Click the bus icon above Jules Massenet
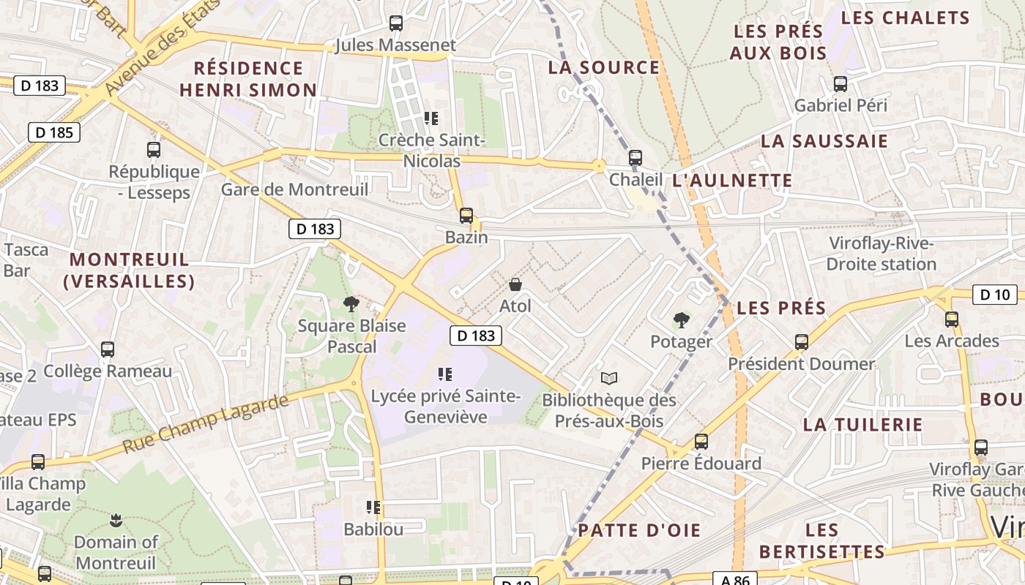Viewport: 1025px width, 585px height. [x=396, y=23]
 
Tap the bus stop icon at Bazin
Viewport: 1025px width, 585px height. [x=466, y=216]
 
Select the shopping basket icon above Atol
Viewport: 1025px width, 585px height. [x=515, y=284]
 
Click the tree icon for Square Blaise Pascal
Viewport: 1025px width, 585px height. [x=351, y=303]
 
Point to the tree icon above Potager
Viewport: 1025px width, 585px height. [x=681, y=320]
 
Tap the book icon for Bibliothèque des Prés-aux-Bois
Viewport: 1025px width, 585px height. [x=609, y=378]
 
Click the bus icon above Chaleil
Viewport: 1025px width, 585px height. [x=635, y=158]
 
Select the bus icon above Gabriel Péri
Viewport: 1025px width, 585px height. [x=840, y=84]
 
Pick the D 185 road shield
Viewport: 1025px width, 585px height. [x=54, y=132]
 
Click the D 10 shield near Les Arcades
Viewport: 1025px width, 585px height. [x=995, y=295]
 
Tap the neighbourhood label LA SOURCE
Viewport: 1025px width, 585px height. [x=604, y=67]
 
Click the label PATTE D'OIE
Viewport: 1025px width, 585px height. [x=639, y=530]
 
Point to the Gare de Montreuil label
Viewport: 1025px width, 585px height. [x=294, y=189]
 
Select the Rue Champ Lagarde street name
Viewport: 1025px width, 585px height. [x=206, y=423]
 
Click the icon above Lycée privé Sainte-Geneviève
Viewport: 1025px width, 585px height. [x=444, y=374]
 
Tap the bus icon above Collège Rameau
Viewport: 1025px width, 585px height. [x=108, y=350]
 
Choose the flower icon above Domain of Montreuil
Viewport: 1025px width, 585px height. [x=116, y=521]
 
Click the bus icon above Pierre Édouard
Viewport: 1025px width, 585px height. [x=701, y=442]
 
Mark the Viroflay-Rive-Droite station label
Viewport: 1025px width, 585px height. [x=882, y=253]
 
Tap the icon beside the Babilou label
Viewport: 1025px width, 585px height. [x=373, y=507]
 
